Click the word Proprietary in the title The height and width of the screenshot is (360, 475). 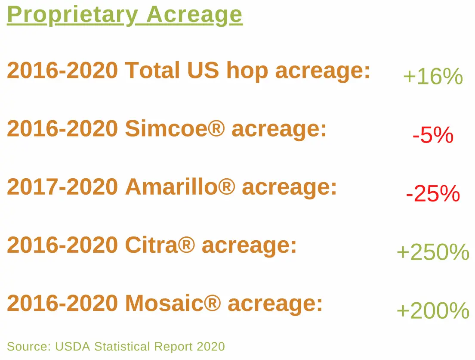[x=72, y=15]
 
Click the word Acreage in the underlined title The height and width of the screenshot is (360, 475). [x=194, y=15]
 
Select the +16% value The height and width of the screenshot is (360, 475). [x=433, y=77]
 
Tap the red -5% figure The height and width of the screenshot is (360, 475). [x=433, y=136]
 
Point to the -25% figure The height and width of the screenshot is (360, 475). [x=433, y=194]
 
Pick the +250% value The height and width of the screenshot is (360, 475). [x=433, y=252]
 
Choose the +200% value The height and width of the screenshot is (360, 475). [x=433, y=310]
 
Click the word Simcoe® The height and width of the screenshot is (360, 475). [x=175, y=129]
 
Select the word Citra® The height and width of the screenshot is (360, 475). [x=160, y=245]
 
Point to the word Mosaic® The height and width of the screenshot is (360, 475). [x=173, y=304]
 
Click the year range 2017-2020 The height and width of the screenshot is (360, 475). [x=62, y=187]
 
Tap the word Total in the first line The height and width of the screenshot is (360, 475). [x=153, y=71]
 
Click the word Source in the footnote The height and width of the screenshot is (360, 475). [x=29, y=347]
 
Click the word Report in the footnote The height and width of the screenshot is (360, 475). [x=173, y=347]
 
